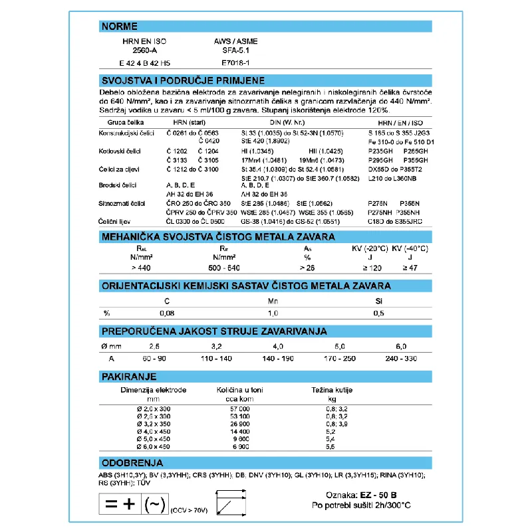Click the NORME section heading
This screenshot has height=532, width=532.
click(120, 27)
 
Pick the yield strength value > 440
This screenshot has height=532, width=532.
click(140, 267)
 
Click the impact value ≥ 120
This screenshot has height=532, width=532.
click(372, 267)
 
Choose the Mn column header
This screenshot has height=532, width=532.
click(273, 302)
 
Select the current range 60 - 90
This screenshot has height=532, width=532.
click(153, 358)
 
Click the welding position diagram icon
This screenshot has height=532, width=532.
click(227, 502)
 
